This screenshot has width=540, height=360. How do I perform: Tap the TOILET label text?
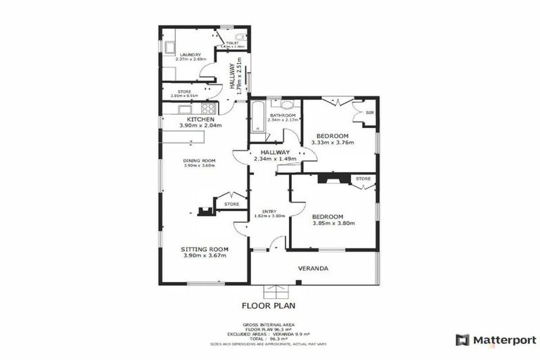click(232, 43)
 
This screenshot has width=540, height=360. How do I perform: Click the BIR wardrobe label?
click(369, 112)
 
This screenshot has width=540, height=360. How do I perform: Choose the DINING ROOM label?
click(199, 160)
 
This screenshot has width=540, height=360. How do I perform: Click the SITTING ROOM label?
click(205, 249)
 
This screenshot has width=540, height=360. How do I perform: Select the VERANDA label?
click(314, 269)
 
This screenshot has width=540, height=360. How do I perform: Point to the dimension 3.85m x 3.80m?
click(333, 224)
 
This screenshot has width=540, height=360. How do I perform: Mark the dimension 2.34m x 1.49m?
click(276, 160)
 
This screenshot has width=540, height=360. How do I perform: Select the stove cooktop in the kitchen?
click(207, 109)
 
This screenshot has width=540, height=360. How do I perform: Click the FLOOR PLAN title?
click(268, 306)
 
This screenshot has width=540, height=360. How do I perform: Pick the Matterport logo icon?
click(463, 340)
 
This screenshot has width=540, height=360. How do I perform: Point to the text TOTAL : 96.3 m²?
click(268, 337)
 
